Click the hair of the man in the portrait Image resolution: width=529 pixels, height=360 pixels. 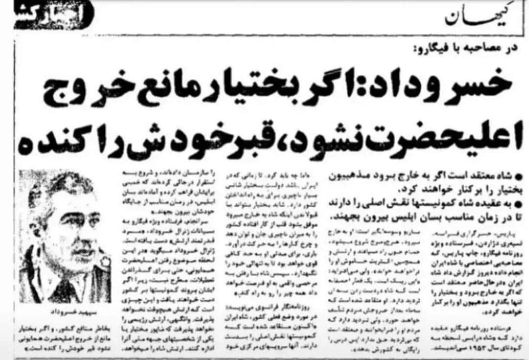tap(59, 184)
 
